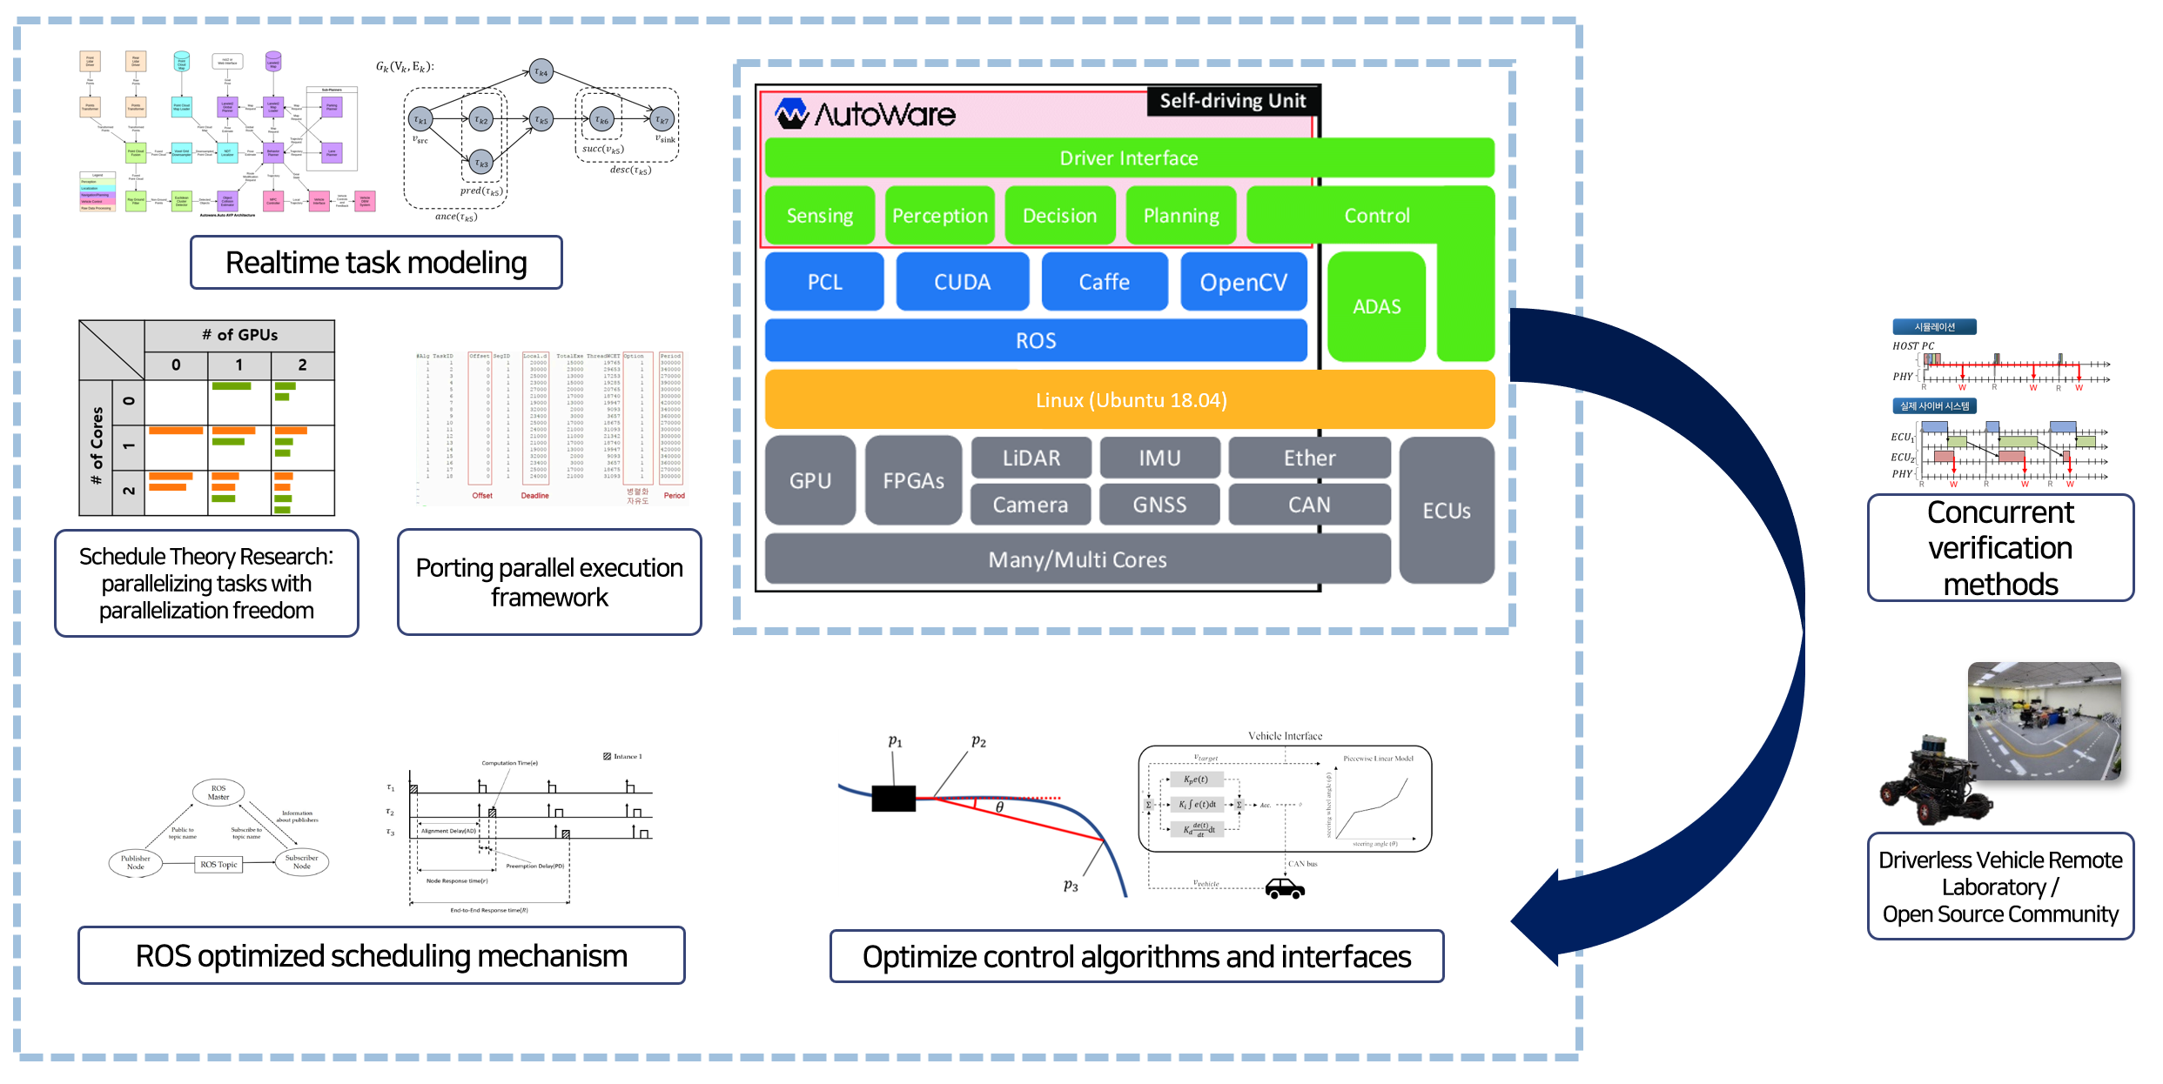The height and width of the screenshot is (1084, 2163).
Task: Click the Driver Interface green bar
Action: pos(1128,158)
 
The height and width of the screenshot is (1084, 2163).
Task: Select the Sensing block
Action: pos(819,216)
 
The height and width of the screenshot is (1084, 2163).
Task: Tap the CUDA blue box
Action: pos(962,282)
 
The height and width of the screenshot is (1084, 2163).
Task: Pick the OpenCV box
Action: pos(1243,282)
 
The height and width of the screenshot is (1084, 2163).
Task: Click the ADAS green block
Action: pos(1376,306)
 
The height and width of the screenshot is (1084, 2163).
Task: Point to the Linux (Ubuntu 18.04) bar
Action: pos(1130,400)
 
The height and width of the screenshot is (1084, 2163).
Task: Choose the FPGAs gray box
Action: pos(913,480)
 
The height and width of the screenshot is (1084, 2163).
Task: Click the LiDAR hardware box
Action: pos(1031,458)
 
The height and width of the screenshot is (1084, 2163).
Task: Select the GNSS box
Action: pos(1159,505)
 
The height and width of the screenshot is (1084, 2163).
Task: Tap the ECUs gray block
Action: pos(1447,511)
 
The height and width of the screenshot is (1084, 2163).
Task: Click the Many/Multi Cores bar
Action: pos(1077,559)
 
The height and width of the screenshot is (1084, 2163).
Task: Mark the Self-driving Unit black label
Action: pos(1233,101)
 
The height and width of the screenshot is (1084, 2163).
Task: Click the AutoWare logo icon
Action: pos(792,114)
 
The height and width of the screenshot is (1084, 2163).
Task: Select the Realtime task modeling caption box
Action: pos(376,263)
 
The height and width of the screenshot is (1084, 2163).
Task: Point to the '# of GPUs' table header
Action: pos(239,335)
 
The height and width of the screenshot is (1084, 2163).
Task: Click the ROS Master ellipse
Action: pos(218,792)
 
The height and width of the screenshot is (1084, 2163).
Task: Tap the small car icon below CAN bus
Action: pos(1285,888)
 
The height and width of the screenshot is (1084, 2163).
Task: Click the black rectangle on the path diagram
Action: pos(893,798)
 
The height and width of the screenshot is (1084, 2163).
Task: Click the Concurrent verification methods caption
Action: pos(2000,548)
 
